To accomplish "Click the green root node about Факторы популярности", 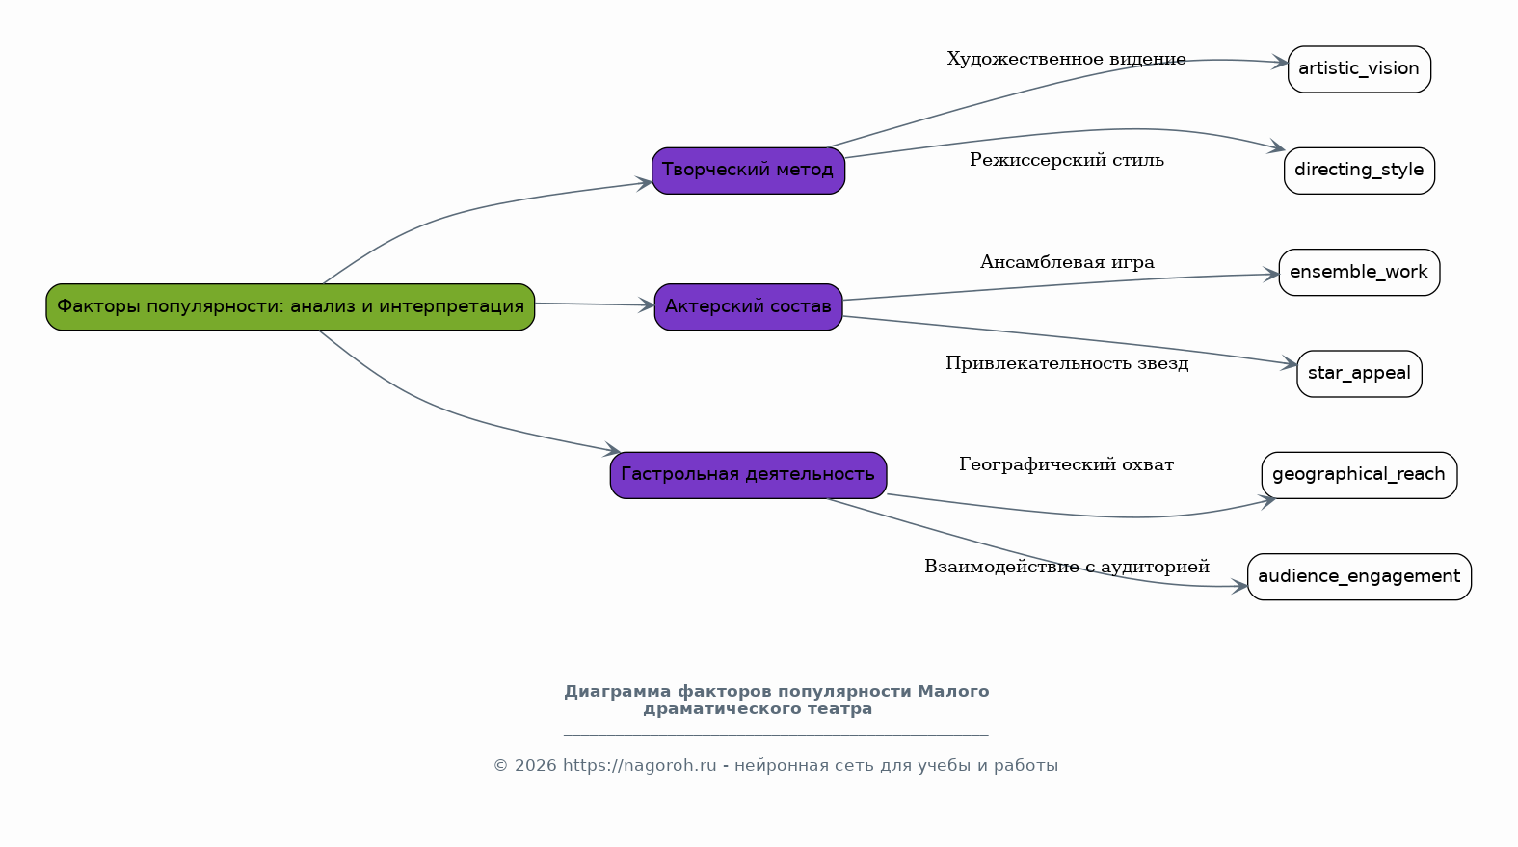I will (290, 306).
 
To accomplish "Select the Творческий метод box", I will (748, 171).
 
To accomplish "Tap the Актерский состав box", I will (748, 306).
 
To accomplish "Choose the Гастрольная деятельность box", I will (748, 475).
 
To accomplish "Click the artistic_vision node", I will (1359, 69).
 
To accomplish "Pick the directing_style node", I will (1359, 171).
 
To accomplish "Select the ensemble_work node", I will (1359, 273).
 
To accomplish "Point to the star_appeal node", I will (1359, 374).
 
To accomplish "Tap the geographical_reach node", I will (1359, 475).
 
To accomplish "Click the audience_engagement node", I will (1359, 577).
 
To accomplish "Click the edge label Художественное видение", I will (1066, 59).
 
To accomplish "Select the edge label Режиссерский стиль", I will (1067, 160).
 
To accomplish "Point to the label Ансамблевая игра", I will (1067, 262).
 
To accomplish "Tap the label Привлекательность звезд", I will (1067, 363).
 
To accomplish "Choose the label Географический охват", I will (1066, 464).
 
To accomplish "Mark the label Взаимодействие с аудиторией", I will (1066, 567).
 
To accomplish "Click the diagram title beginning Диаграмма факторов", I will (776, 701).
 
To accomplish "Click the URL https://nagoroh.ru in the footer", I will (639, 766).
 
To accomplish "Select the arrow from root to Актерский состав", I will (594, 304).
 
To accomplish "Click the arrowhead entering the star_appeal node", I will (1290, 364).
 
